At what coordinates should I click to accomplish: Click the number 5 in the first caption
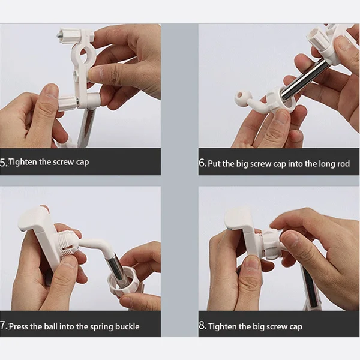3,163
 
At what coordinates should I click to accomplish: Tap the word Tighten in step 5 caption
23,163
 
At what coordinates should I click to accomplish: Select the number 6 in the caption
202,163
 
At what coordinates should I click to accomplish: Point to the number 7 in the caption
3,326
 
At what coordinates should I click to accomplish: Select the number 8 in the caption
203,326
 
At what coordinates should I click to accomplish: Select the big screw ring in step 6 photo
281,100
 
